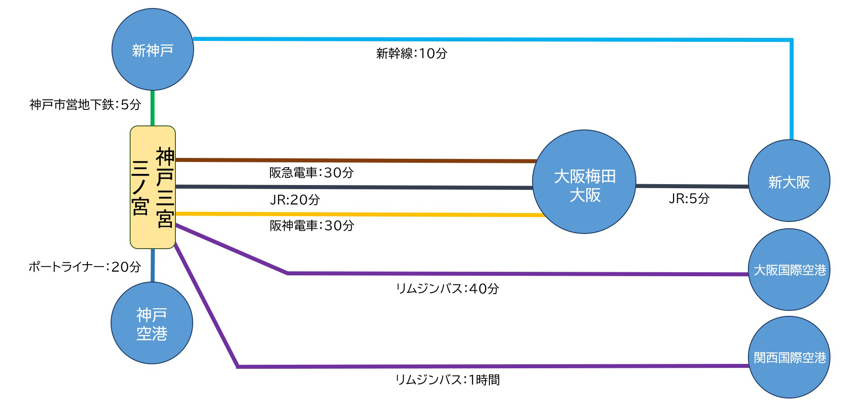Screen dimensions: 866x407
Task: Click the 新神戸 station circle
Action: point(152,49)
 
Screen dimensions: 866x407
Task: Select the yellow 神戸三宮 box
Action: point(153,187)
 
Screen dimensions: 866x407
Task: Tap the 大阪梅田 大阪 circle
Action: point(584,181)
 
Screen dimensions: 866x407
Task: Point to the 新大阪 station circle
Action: point(789,181)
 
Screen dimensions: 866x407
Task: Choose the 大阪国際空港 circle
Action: point(789,270)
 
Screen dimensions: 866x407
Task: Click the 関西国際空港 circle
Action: point(789,357)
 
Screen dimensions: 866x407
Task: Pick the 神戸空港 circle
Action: point(152,323)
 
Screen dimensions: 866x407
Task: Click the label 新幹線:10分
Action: point(412,54)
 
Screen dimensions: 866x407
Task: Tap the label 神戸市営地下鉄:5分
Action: point(85,105)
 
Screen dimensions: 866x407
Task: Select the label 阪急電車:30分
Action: point(311,173)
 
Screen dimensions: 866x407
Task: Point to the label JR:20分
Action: point(295,200)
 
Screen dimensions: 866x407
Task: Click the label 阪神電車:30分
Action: point(312,226)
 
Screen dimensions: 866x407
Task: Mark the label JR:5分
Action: point(689,198)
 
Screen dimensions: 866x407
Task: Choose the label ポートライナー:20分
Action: point(85,267)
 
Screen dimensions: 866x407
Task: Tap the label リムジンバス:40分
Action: point(448,289)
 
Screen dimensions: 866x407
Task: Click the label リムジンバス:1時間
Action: point(448,380)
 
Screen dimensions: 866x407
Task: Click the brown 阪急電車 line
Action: point(357,160)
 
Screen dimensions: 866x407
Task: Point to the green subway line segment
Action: point(153,108)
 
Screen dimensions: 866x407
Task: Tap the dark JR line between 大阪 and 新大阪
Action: point(692,186)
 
